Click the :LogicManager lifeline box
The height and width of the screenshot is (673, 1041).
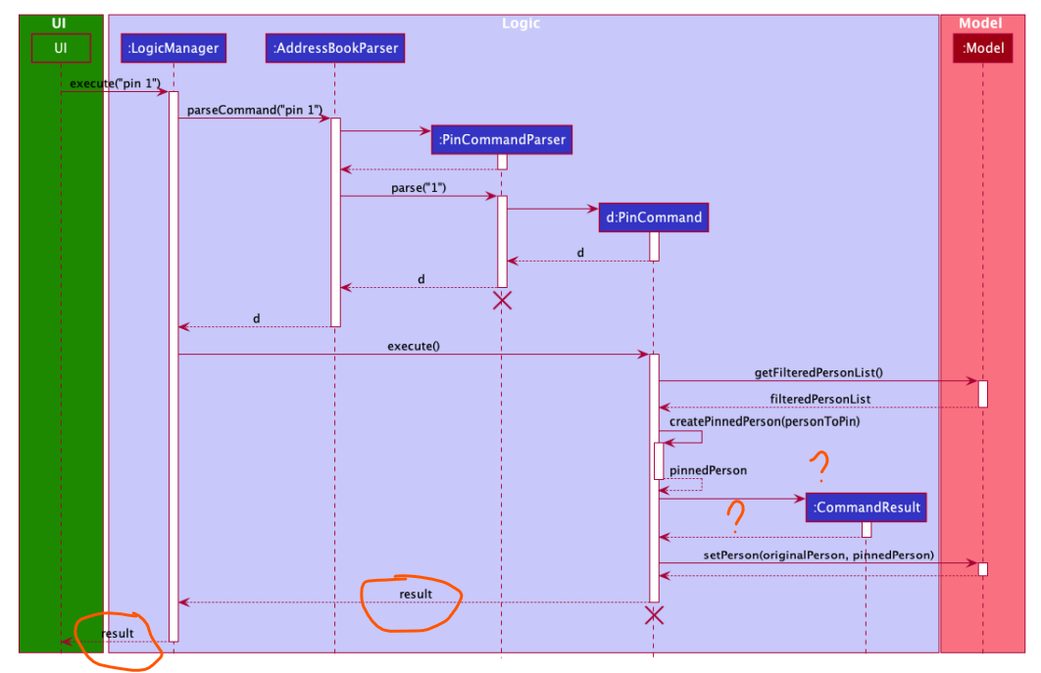pyautogui.click(x=173, y=47)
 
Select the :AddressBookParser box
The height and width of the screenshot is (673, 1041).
pyautogui.click(x=334, y=47)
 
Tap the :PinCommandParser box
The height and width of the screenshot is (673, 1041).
pyautogui.click(x=501, y=139)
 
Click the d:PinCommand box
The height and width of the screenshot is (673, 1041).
pyautogui.click(x=653, y=216)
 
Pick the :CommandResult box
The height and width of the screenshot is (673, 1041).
pyautogui.click(x=866, y=506)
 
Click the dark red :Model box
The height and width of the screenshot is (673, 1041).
pyautogui.click(x=982, y=47)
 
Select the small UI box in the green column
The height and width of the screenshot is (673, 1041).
pyautogui.click(x=60, y=47)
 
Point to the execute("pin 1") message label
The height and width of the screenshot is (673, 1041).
pyautogui.click(x=115, y=83)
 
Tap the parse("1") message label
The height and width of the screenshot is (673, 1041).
pyautogui.click(x=419, y=187)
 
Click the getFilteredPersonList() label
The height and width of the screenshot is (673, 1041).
pyautogui.click(x=818, y=372)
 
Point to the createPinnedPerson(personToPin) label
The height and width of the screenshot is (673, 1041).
pyautogui.click(x=745, y=421)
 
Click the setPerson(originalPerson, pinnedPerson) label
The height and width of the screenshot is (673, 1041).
pyautogui.click(x=818, y=554)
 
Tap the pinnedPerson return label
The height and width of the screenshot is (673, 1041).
pyautogui.click(x=708, y=470)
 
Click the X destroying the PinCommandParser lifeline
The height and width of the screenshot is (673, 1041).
pyautogui.click(x=502, y=301)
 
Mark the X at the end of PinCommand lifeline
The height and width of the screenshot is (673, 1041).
pyautogui.click(x=654, y=615)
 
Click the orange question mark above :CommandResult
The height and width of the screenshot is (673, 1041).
pyautogui.click(x=818, y=467)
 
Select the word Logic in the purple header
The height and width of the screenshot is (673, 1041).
pyautogui.click(x=520, y=23)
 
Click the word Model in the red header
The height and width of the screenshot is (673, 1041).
pyautogui.click(x=981, y=23)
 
